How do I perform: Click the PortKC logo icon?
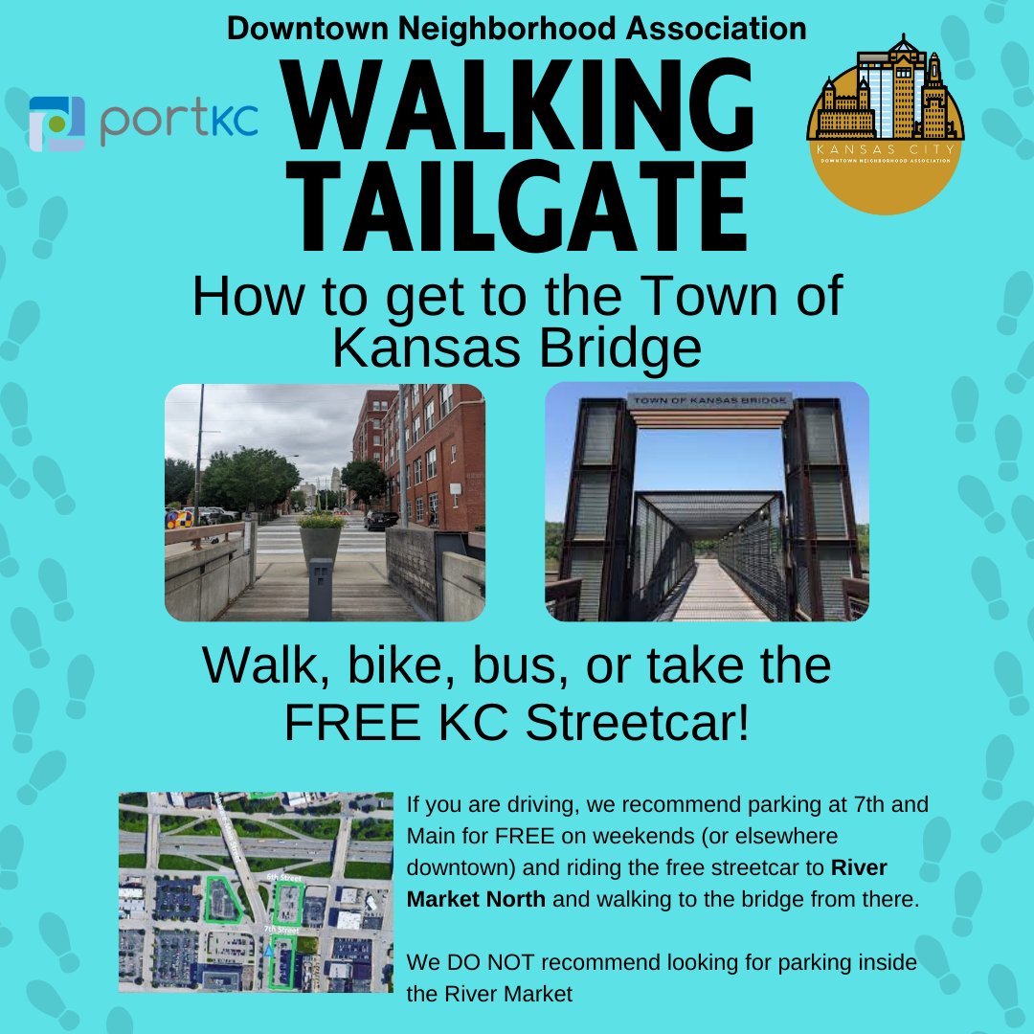tap(57, 124)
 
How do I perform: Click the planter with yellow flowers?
tap(323, 542)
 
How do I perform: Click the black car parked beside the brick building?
tap(381, 520)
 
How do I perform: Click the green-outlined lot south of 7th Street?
tap(281, 962)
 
